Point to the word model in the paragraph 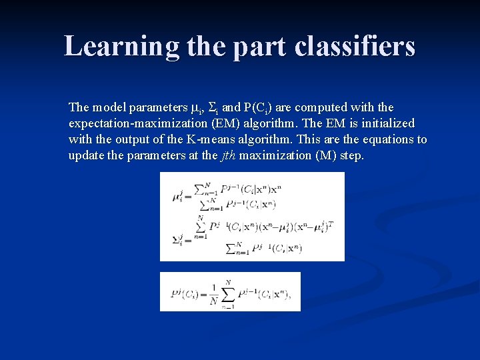(107, 107)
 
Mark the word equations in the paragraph (386, 139)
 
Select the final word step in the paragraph (351, 155)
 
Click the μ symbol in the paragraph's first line (195, 108)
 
